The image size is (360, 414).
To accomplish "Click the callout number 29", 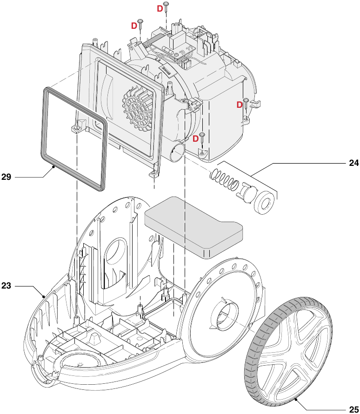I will click(x=7, y=177).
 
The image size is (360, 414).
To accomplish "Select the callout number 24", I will click(x=353, y=163).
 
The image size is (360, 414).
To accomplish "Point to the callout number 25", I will click(x=353, y=409).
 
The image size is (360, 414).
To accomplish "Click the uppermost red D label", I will click(x=160, y=8).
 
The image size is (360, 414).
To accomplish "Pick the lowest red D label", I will click(x=196, y=138).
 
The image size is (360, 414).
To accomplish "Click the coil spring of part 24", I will click(x=225, y=179).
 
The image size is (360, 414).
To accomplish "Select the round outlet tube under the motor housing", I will click(x=177, y=153).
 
